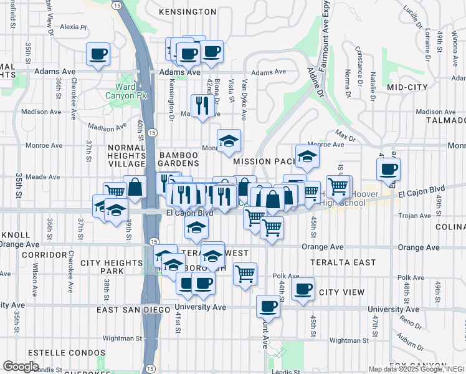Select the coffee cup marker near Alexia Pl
(98, 54)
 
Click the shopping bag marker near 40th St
(134, 186)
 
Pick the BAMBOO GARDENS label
(179, 159)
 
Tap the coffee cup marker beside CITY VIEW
(303, 289)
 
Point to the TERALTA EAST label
(346, 263)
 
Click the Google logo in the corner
(21, 366)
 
